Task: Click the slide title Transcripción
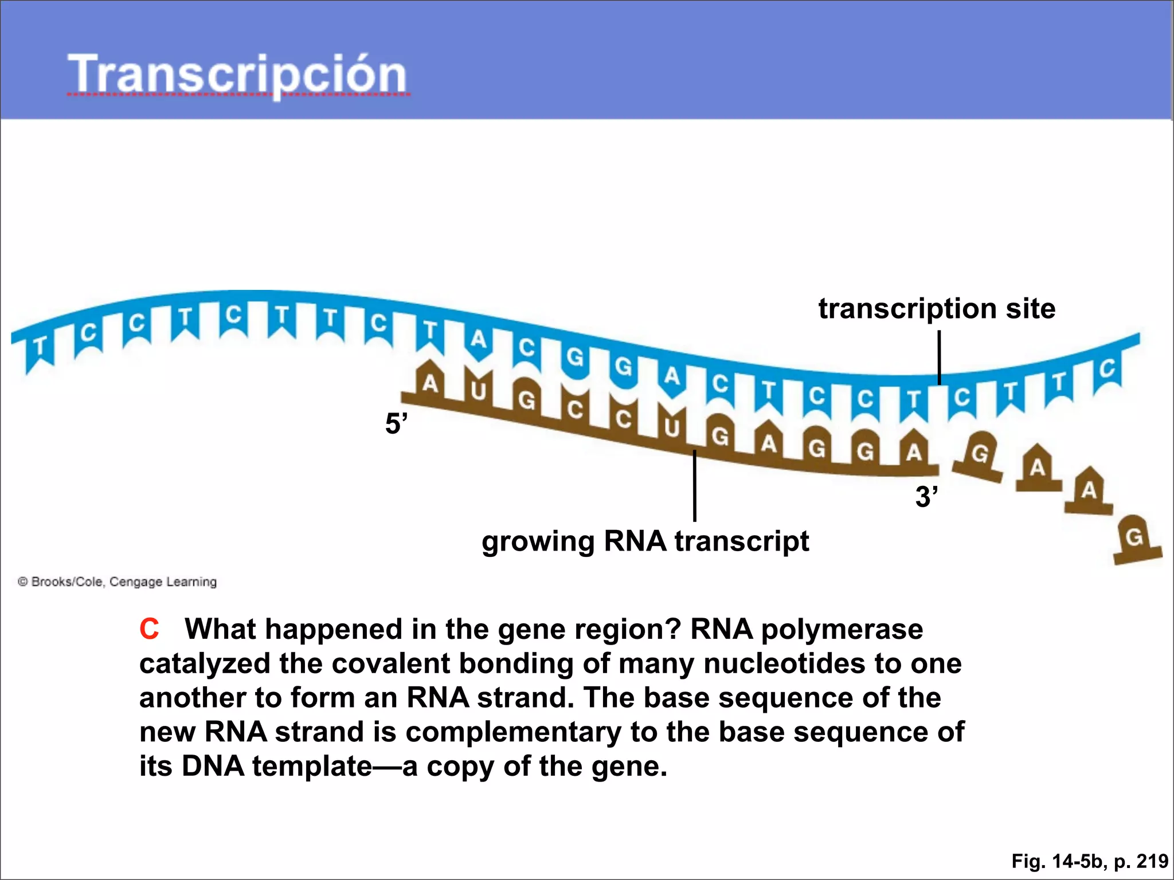click(x=237, y=74)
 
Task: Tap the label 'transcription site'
click(x=936, y=308)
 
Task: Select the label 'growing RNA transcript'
click(x=645, y=541)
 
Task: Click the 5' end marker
click(x=396, y=424)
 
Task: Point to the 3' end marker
click(x=926, y=496)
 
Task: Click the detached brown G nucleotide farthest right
click(x=1135, y=539)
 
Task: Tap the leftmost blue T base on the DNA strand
click(x=39, y=347)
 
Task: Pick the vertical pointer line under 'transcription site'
click(x=939, y=358)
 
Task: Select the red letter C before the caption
click(x=149, y=629)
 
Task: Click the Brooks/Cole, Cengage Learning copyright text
click(x=118, y=582)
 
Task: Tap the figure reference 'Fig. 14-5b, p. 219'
click(x=1089, y=861)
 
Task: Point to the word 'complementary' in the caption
click(x=513, y=732)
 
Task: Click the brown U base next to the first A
click(x=478, y=392)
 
